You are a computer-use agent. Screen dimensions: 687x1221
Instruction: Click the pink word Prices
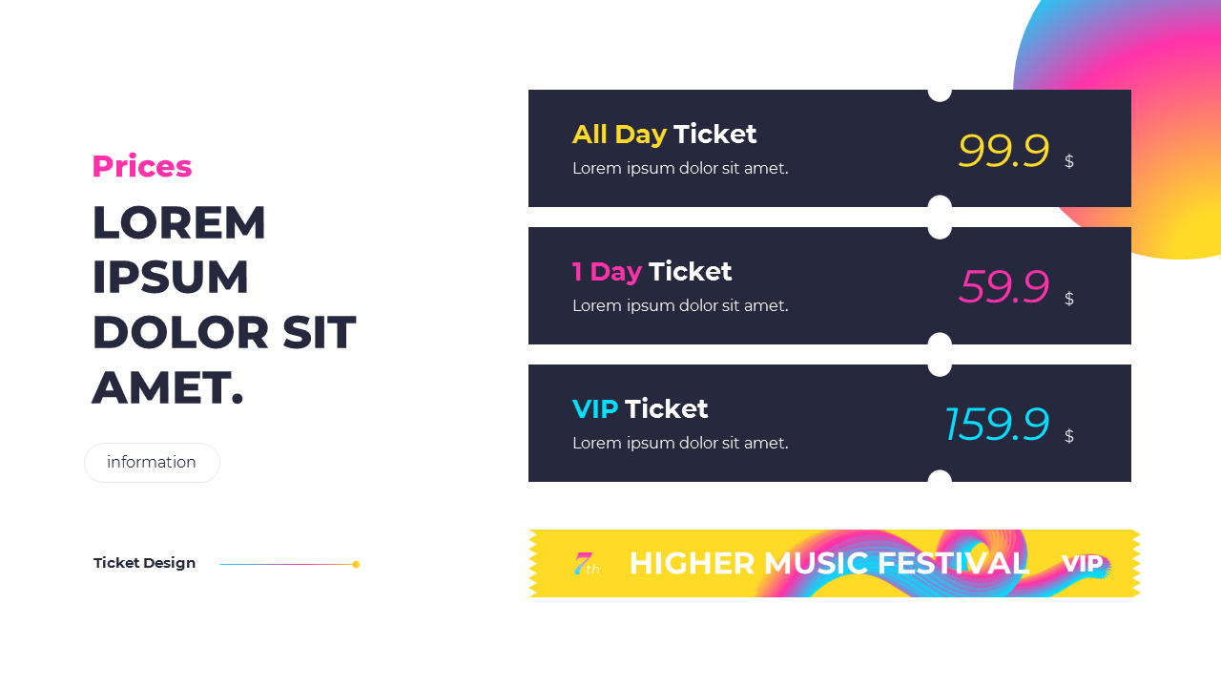pos(141,167)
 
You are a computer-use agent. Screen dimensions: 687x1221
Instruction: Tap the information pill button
pos(152,463)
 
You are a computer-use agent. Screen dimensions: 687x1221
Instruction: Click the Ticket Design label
pos(144,563)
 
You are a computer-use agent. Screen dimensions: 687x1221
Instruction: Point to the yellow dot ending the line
pos(356,564)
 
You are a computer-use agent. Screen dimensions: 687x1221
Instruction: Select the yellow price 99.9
pos(1004,151)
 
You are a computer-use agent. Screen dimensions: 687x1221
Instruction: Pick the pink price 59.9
pos(1004,287)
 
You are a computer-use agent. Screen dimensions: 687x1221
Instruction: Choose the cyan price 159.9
pos(997,425)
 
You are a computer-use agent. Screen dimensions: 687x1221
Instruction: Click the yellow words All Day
pos(619,135)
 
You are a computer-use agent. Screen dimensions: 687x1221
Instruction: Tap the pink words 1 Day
pos(607,272)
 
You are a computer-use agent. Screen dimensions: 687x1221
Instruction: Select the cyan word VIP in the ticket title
pos(595,409)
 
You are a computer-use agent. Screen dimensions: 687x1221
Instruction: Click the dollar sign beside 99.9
pos(1069,161)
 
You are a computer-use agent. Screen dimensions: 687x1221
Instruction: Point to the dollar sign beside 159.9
pos(1069,436)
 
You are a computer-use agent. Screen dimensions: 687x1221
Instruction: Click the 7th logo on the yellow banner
pos(586,564)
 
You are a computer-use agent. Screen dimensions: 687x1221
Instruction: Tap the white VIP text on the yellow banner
pos(1082,564)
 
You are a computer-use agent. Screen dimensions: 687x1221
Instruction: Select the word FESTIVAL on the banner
pos(953,564)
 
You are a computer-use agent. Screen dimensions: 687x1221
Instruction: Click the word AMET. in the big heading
pos(168,388)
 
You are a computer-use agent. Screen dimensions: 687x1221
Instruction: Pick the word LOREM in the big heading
pos(178,223)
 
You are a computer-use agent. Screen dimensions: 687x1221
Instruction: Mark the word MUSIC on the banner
pos(817,564)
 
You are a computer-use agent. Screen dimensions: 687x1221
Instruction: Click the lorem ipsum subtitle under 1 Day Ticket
pos(680,306)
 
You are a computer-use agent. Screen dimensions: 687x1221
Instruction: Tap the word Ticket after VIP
pos(666,409)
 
